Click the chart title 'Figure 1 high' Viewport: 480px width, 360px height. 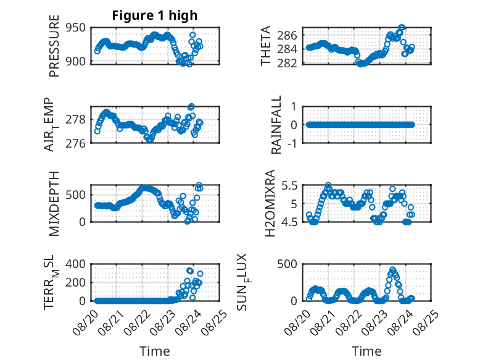[155, 15]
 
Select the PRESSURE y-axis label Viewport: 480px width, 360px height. [54, 46]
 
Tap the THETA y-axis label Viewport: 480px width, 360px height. [266, 46]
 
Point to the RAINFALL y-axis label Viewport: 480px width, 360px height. [276, 124]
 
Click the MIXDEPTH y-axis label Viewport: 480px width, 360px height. [54, 203]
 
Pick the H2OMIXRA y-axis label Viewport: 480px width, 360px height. [270, 203]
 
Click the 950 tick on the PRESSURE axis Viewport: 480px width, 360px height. [76, 28]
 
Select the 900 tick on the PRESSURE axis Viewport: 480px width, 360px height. [76, 61]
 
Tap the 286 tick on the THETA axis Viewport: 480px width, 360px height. [287, 36]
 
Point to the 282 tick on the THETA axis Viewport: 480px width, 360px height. [287, 63]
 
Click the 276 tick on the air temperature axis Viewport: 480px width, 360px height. [76, 143]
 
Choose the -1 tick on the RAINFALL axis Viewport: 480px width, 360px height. [292, 143]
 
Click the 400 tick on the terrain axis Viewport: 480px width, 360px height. [76, 264]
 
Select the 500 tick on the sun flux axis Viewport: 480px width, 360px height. [287, 264]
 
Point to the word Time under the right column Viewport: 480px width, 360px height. [366, 351]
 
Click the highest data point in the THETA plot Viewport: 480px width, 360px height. [402, 28]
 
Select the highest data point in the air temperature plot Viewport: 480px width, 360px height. [191, 107]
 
